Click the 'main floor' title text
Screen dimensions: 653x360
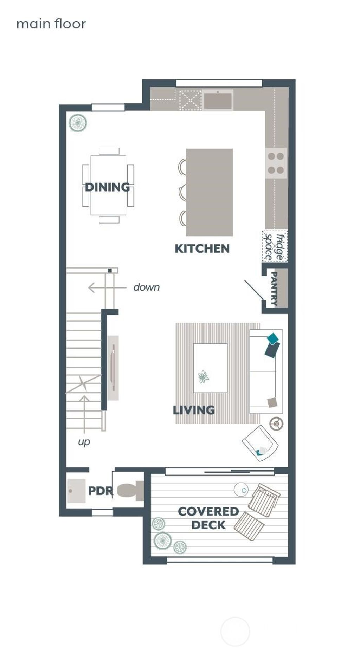point(51,24)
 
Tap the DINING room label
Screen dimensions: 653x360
point(107,187)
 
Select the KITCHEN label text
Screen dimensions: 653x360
point(202,248)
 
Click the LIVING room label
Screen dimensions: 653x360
point(194,410)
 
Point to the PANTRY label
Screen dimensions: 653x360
point(275,288)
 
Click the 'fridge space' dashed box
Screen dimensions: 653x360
point(275,246)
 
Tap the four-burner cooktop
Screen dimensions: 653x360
point(276,163)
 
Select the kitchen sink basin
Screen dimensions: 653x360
point(218,101)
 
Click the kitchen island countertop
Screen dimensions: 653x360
point(210,192)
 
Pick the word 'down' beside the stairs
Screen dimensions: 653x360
point(147,287)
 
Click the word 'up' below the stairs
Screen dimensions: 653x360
point(84,441)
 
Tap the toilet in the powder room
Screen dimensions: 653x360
point(129,491)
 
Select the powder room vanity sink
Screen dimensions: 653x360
point(77,491)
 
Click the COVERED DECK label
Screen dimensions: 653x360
point(208,518)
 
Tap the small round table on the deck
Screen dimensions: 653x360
point(241,490)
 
